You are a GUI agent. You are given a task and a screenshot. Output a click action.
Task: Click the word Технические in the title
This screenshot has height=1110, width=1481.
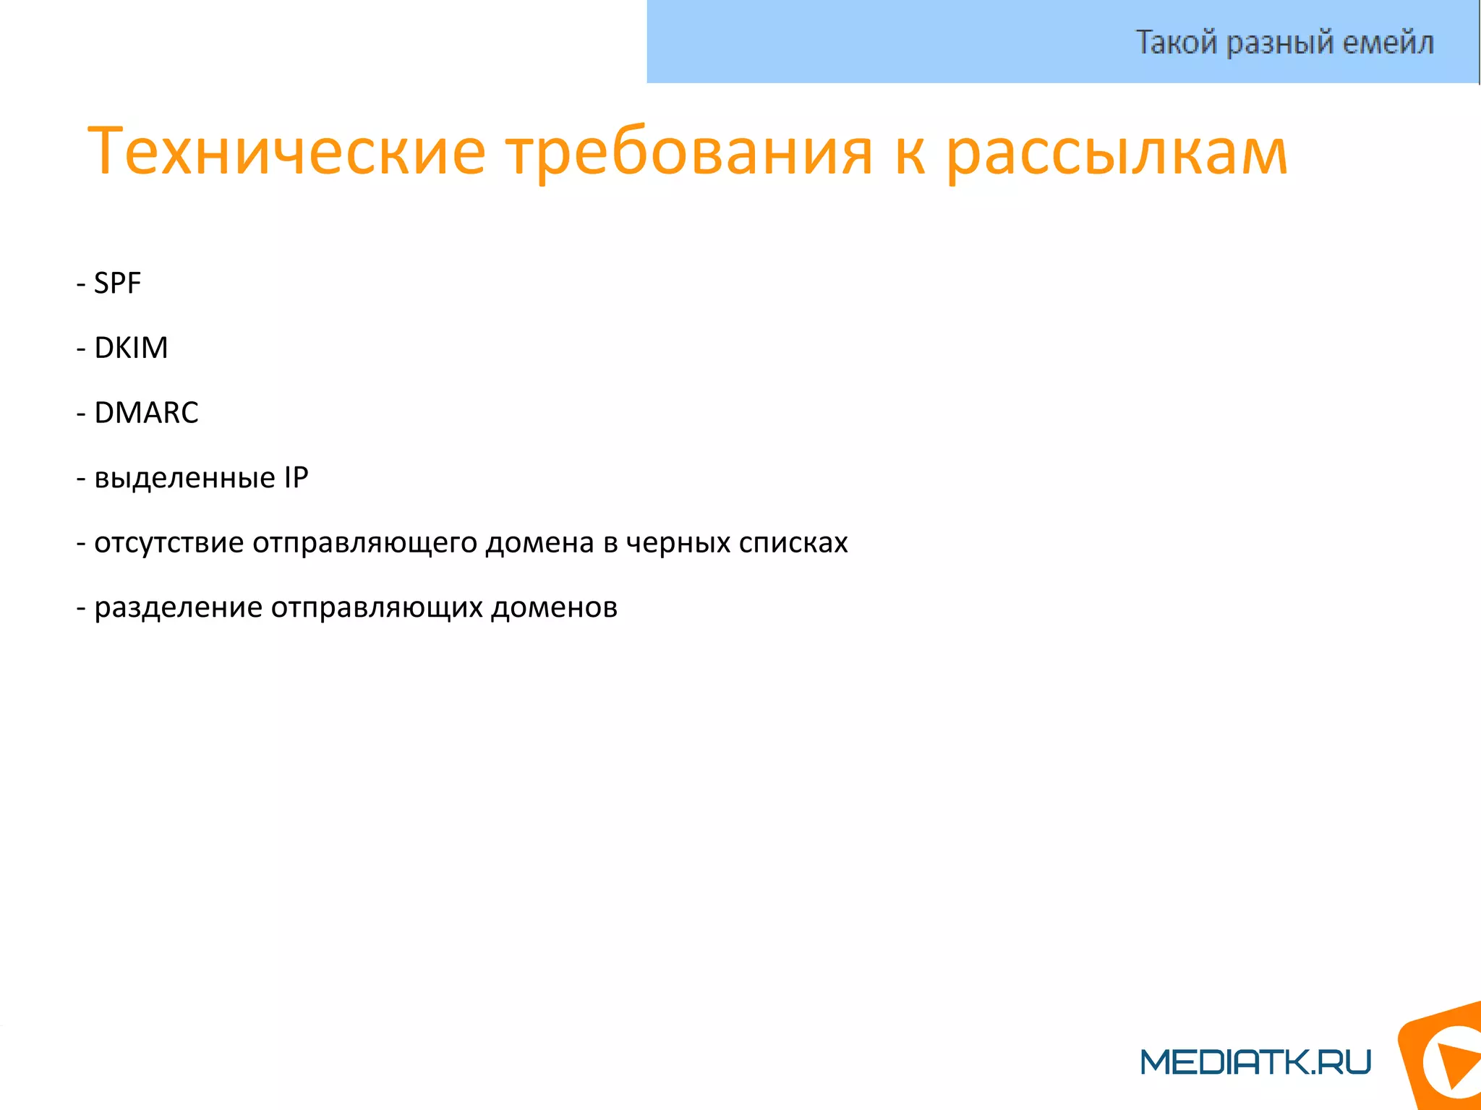pyautogui.click(x=286, y=152)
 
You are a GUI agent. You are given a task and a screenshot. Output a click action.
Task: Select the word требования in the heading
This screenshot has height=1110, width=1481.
pyautogui.click(x=689, y=152)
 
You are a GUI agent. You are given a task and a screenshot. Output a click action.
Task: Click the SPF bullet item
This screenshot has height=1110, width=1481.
pyautogui.click(x=117, y=283)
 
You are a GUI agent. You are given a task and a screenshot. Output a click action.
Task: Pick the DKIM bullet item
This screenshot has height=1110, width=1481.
pyautogui.click(x=131, y=348)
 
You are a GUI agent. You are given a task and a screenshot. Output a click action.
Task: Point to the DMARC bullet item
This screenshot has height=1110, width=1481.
pyautogui.click(x=146, y=413)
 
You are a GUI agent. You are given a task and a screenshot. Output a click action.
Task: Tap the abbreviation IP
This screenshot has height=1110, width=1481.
pyautogui.click(x=296, y=477)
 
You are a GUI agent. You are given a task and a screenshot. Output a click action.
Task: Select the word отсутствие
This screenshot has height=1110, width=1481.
pyautogui.click(x=169, y=542)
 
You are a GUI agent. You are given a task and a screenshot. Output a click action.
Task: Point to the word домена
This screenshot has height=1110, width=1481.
pyautogui.click(x=539, y=542)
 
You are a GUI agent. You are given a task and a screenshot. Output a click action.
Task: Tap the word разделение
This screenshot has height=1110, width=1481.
pyautogui.click(x=178, y=607)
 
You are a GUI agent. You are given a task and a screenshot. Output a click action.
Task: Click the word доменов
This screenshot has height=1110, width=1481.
pyautogui.click(x=555, y=607)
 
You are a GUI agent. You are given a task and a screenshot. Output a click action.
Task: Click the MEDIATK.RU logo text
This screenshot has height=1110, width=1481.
pyautogui.click(x=1255, y=1062)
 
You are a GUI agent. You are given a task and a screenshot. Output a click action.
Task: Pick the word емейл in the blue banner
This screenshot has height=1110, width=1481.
pyautogui.click(x=1388, y=42)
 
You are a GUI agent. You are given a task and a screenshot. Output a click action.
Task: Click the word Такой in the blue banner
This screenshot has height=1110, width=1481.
pyautogui.click(x=1177, y=42)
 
